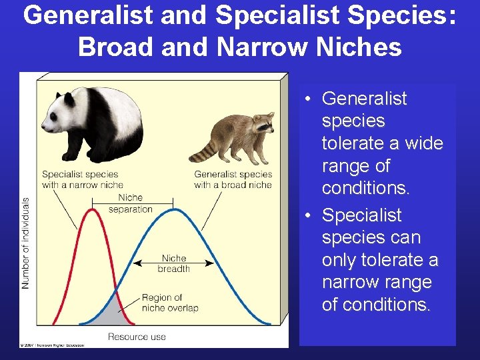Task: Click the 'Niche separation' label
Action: (130, 203)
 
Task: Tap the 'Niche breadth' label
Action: (173, 263)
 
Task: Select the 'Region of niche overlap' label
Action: (169, 303)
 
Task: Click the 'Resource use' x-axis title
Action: (137, 337)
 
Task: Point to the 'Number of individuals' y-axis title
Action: (26, 243)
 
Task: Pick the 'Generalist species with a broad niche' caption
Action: (233, 179)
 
